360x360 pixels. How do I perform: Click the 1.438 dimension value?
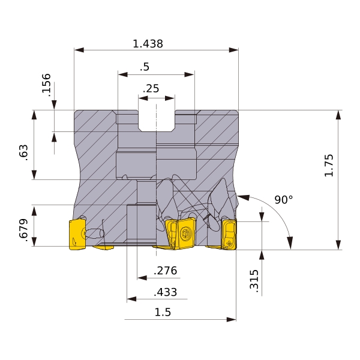tap(148, 44)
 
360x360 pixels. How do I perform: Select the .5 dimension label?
tap(145, 67)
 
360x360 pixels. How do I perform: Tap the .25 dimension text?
tap(151, 89)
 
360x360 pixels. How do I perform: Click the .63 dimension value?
tap(23, 152)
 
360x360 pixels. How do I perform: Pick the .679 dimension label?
tap(23, 230)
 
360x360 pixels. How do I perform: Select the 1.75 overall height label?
tap(329, 166)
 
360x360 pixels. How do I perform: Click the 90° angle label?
tap(284, 200)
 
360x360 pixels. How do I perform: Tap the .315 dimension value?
tap(254, 281)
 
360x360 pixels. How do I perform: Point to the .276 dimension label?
tap(166, 271)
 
